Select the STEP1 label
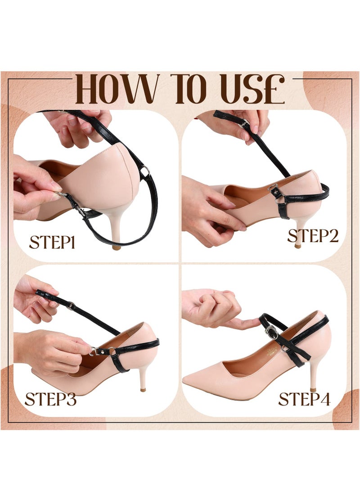coord(52,242)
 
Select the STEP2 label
coord(313,235)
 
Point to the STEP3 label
coord(50,399)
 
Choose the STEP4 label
coord(304,399)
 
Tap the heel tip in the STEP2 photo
coord(297,246)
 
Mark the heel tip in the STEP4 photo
coord(313,389)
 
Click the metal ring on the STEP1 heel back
coord(144,171)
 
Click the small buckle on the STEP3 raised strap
coord(71,306)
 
